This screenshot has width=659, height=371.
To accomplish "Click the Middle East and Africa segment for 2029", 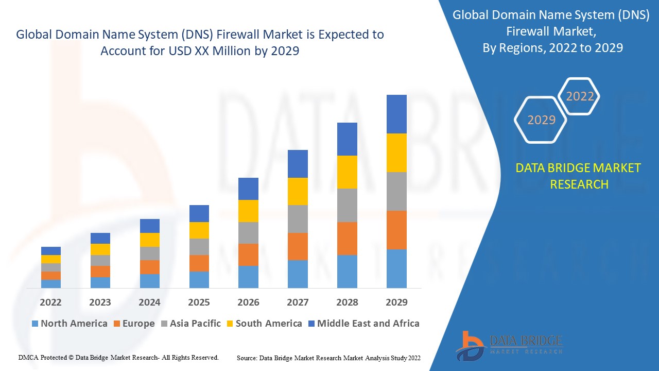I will [396, 114].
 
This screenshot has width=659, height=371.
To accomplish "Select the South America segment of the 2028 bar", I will [347, 172].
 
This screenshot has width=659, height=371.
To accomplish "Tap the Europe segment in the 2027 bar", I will [298, 246].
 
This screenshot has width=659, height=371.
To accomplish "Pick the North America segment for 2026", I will [248, 277].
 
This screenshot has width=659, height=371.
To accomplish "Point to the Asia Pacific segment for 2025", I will [199, 247].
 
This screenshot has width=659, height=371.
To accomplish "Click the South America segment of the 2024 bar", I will [149, 240].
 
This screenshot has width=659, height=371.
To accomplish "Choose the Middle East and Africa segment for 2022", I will [51, 251].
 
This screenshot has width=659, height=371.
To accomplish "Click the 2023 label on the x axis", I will [100, 302].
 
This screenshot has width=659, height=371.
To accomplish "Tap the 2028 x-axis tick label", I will [347, 302].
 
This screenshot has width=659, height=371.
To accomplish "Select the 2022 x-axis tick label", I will [51, 302].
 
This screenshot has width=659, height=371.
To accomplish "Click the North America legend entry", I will [70, 324].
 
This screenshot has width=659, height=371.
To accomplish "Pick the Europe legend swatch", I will [117, 324].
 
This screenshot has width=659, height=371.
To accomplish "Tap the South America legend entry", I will [264, 324].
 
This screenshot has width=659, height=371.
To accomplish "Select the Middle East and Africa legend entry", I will [363, 324].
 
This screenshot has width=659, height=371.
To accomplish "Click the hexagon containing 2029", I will [541, 120].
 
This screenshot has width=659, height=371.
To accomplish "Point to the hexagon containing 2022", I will [580, 96].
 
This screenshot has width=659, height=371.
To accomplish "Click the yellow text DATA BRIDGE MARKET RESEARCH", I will [579, 176].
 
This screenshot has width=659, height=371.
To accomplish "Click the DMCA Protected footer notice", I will [119, 357].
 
